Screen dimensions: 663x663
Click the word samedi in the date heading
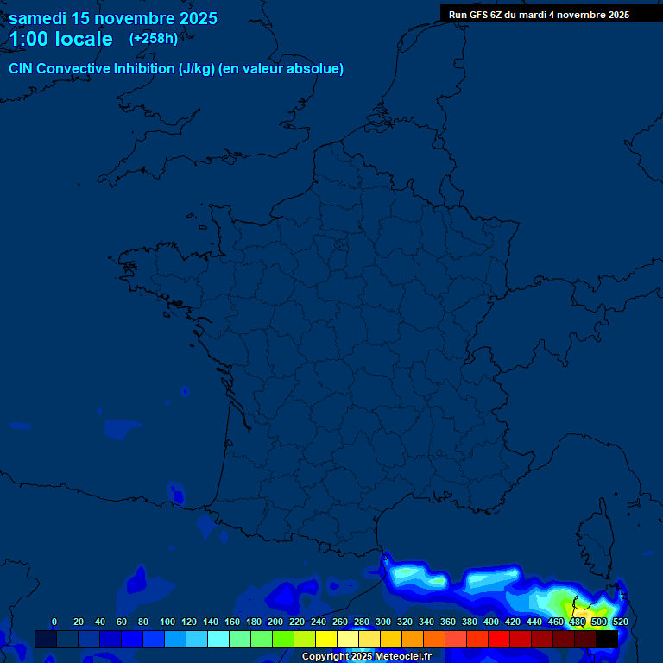coord(40,18)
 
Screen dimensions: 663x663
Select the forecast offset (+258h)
coord(154,39)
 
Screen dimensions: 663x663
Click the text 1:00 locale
coord(60,39)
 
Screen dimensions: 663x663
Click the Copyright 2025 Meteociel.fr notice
coord(366,656)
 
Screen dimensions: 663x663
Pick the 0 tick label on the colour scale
coord(54,622)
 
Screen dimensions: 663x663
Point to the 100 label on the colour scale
coord(167,622)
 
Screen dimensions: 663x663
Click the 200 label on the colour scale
coord(275,622)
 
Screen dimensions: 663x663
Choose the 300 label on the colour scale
coord(383,622)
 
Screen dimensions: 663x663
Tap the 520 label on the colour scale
coord(620,622)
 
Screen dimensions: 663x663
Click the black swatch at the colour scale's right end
coord(606,639)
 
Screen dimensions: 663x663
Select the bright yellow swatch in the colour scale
coord(325,639)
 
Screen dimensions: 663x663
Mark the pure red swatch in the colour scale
coord(498,639)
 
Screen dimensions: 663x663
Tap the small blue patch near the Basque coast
coord(178,496)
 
